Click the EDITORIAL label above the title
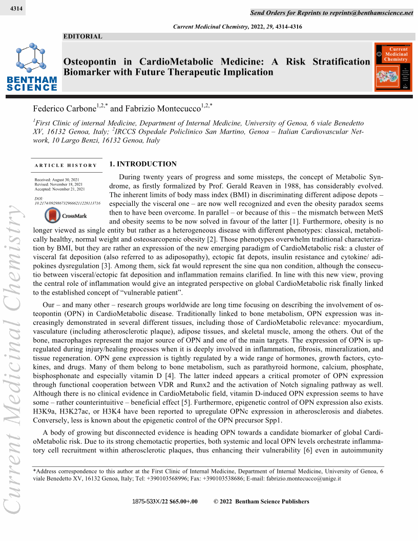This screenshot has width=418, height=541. point(82,36)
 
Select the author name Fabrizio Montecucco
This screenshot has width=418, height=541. point(162,109)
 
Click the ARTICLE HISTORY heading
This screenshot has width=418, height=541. point(66,165)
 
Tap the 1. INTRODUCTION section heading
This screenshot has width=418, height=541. point(143,164)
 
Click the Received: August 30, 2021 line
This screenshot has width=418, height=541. point(56,180)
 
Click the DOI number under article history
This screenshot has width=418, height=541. point(67,203)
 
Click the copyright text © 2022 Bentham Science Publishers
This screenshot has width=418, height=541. point(261,502)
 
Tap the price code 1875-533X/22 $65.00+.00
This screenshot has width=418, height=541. point(164,502)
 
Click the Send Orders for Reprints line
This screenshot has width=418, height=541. point(331,12)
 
